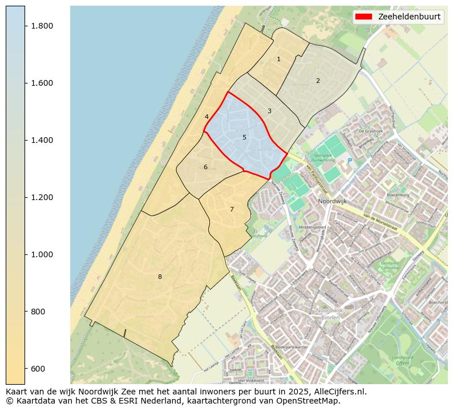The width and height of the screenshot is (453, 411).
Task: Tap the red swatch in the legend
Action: [363, 17]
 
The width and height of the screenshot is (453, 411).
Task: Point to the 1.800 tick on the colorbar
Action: [42, 26]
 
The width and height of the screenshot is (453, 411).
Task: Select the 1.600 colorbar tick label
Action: [42, 83]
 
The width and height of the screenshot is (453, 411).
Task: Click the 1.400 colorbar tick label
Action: [42, 140]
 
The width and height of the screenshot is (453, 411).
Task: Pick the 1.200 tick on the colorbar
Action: [42, 197]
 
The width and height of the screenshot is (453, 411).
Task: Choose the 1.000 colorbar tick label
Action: [42, 254]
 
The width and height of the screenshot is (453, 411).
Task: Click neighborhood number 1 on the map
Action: [278, 59]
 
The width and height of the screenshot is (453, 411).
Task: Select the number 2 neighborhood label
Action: [318, 81]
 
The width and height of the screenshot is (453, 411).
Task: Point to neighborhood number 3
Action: [269, 111]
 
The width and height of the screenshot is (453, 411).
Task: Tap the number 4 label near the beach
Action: [207, 117]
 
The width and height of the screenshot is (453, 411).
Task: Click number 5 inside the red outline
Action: [244, 137]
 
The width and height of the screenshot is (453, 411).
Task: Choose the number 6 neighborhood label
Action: [205, 167]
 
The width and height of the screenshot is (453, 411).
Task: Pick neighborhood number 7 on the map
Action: [232, 209]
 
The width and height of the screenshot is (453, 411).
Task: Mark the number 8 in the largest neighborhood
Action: [160, 277]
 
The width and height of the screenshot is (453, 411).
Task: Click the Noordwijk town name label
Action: [334, 202]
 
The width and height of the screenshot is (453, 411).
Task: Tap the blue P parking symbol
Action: [350, 161]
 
